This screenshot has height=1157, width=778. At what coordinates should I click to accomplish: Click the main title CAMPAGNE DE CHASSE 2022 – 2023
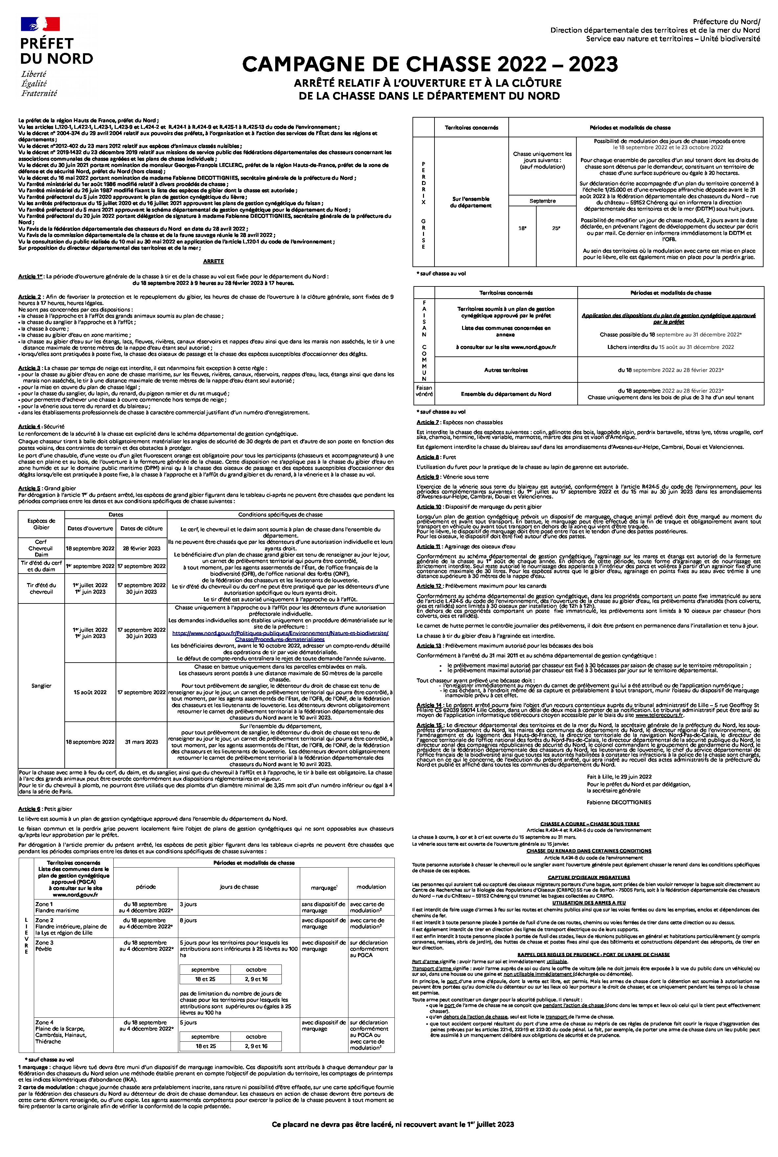click(430, 64)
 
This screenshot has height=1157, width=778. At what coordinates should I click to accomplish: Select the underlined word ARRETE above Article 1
click(213, 261)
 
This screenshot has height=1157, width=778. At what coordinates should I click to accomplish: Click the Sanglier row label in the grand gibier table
click(41, 686)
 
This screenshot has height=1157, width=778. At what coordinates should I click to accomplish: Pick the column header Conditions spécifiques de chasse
click(280, 515)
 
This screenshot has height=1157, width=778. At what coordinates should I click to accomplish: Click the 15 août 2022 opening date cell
click(90, 692)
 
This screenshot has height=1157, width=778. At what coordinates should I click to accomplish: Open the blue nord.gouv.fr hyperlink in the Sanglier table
click(280, 636)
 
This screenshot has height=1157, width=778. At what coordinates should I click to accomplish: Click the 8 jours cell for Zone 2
click(188, 920)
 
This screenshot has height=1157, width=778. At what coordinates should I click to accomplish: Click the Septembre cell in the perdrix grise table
click(542, 201)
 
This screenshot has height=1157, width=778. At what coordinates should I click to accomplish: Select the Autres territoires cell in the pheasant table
click(506, 370)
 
